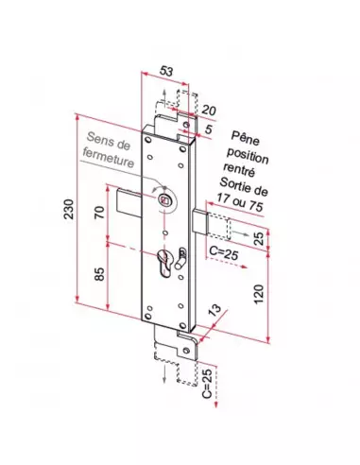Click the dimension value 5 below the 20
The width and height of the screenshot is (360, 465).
coord(209,128)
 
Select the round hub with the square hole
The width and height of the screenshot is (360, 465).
coord(166,200)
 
